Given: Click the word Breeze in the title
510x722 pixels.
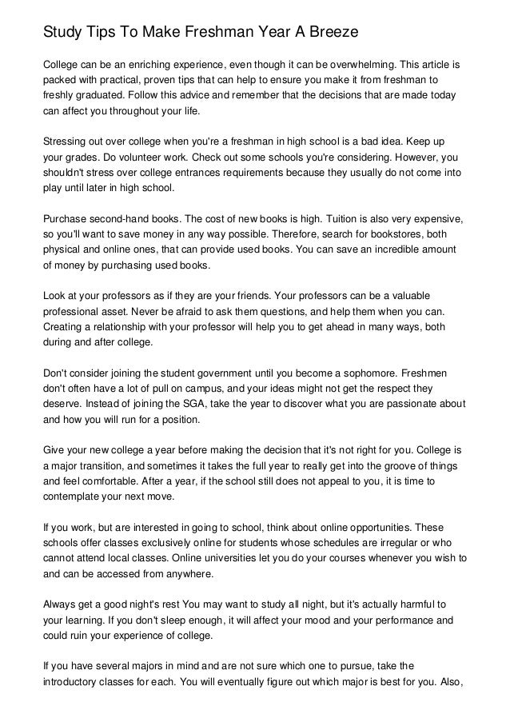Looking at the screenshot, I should tap(325, 33).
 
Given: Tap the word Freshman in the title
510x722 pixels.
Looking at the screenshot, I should tap(200, 33).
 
